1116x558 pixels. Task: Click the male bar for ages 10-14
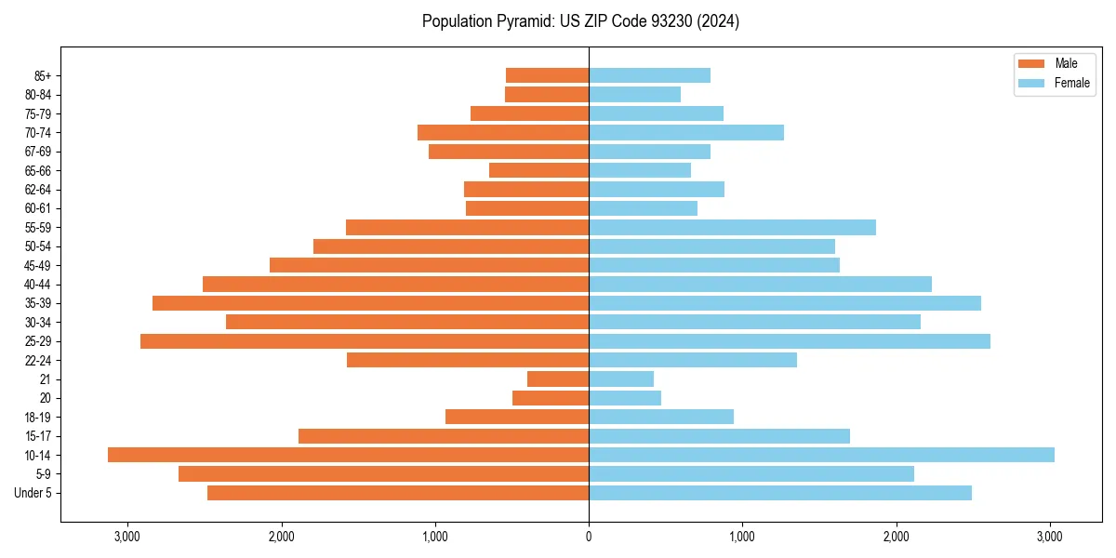(x=349, y=455)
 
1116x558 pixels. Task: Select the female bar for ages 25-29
(x=789, y=341)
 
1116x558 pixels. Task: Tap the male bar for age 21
(x=558, y=379)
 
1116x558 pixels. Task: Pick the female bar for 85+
(x=649, y=75)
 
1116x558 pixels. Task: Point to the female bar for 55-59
(x=732, y=227)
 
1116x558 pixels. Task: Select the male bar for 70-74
(x=503, y=132)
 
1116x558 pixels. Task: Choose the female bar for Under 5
(x=779, y=493)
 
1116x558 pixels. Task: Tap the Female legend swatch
(x=1031, y=83)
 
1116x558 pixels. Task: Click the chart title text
(x=580, y=21)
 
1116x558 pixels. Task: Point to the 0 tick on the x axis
(x=589, y=537)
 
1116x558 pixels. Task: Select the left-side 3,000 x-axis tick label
(x=126, y=537)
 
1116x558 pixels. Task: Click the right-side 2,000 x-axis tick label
(x=896, y=537)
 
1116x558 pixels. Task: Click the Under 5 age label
(x=33, y=493)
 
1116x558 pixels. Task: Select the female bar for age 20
(x=625, y=398)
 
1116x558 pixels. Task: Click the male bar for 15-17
(x=444, y=436)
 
